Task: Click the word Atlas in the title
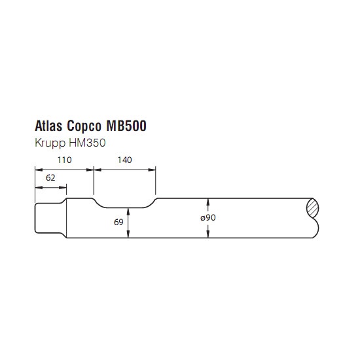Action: pyautogui.click(x=48, y=126)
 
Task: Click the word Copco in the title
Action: pyautogui.click(x=84, y=126)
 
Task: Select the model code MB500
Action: pyautogui.click(x=126, y=126)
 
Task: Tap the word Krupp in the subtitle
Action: pyautogui.click(x=50, y=143)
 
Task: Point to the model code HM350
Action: pyautogui.click(x=87, y=143)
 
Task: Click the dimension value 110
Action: pyautogui.click(x=65, y=160)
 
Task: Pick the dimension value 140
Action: pyautogui.click(x=124, y=160)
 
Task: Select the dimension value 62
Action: pyautogui.click(x=50, y=177)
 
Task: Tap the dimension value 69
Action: pyautogui.click(x=118, y=222)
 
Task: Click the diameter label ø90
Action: pyautogui.click(x=208, y=217)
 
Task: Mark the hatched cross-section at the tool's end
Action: pyautogui.click(x=313, y=207)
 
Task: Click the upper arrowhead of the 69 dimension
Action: pyautogui.click(x=128, y=211)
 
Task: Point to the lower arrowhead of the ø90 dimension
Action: pyautogui.click(x=208, y=234)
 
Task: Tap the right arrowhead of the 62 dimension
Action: pyautogui.click(x=63, y=188)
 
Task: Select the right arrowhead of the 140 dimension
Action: pyautogui.click(x=152, y=170)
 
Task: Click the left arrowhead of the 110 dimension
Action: pyautogui.click(x=39, y=170)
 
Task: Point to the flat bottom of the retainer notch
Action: pyautogui.click(x=124, y=207)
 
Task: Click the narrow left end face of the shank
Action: pyautogui.click(x=35, y=218)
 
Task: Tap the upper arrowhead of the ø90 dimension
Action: pyautogui.click(x=208, y=202)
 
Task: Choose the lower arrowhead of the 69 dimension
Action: pyautogui.click(x=128, y=234)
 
